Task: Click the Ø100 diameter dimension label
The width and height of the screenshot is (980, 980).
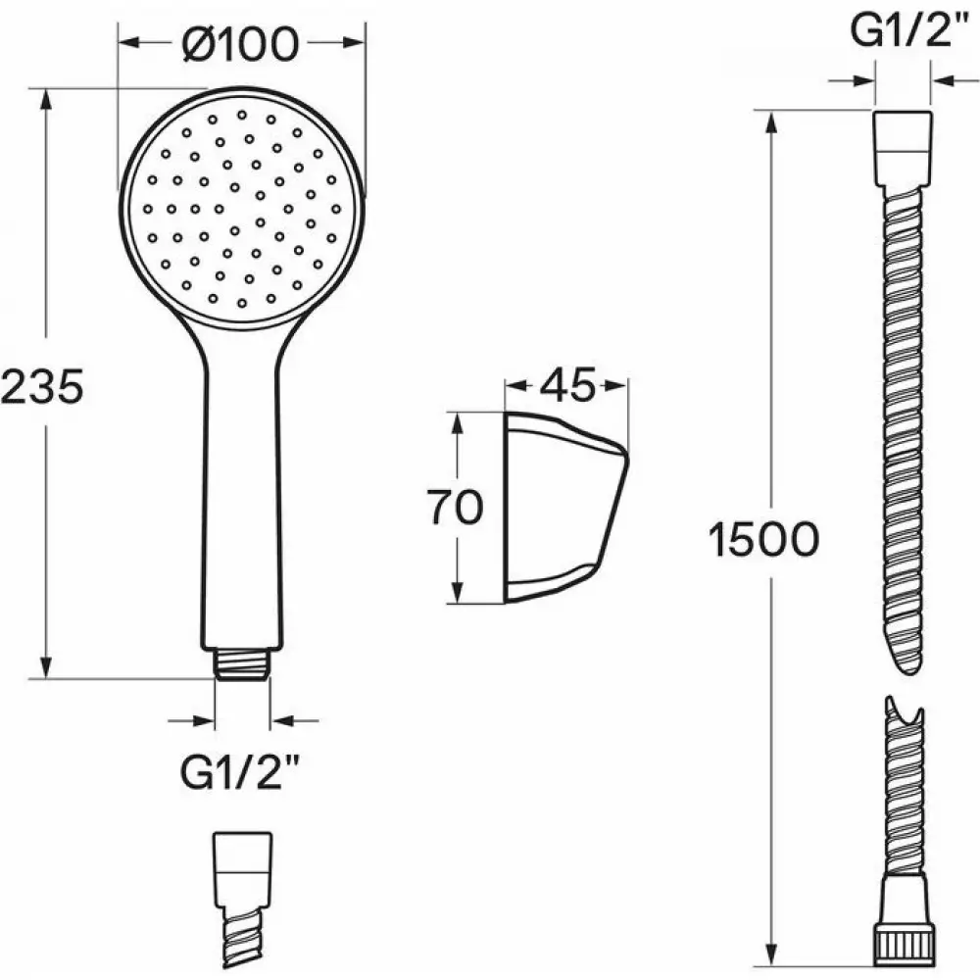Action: click(x=241, y=44)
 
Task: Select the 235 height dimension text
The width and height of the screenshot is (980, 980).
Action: click(x=42, y=386)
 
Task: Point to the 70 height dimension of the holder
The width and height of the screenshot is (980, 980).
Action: click(x=455, y=507)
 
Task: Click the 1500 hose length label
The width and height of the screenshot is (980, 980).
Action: click(x=763, y=539)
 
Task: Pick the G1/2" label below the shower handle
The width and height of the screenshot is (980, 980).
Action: click(x=239, y=773)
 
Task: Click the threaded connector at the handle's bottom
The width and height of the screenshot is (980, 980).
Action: click(x=242, y=663)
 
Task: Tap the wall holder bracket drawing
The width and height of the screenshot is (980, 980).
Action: click(x=566, y=508)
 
